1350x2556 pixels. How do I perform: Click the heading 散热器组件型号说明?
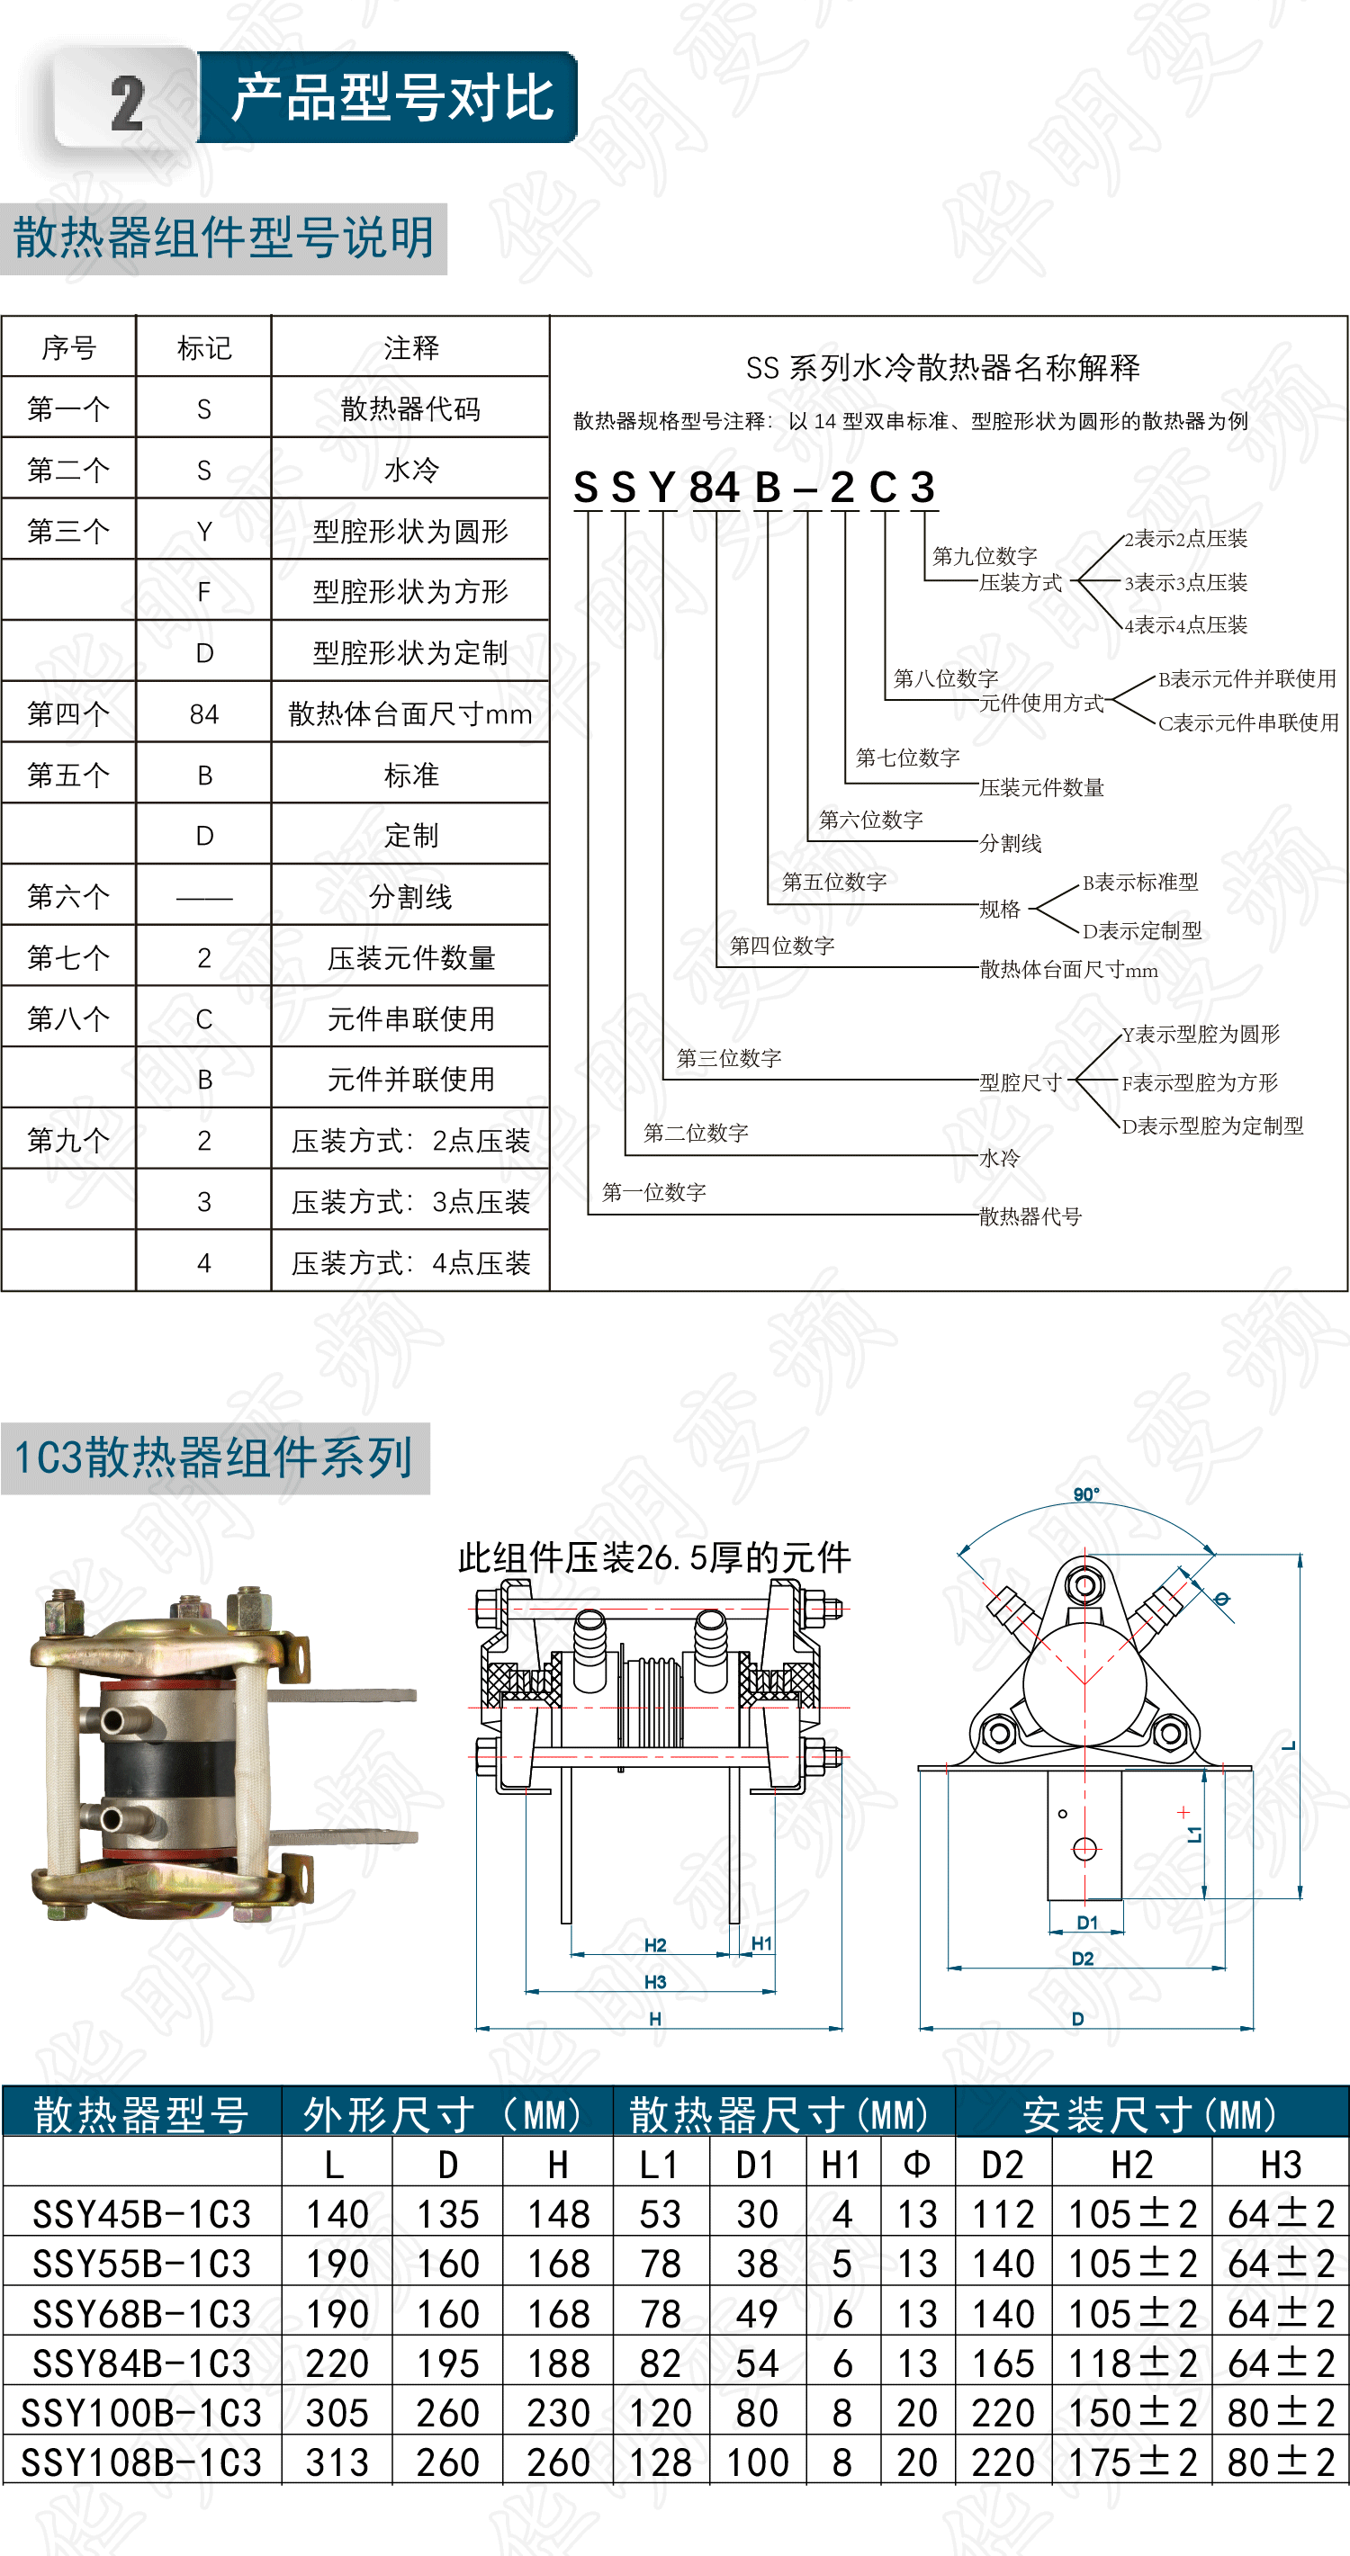click(x=223, y=238)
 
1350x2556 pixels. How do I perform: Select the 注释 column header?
click(x=411, y=347)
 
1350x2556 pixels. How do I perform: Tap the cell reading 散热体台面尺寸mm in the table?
click(x=410, y=713)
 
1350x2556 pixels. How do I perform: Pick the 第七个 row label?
click(x=67, y=957)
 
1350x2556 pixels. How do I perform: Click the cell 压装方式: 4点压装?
click(x=410, y=1263)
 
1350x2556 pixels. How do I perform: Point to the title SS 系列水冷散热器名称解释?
click(x=942, y=368)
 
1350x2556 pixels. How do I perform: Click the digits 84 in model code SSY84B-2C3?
click(x=714, y=488)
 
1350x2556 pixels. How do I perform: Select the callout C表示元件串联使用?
click(x=1247, y=722)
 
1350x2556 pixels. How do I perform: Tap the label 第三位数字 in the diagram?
click(x=729, y=1059)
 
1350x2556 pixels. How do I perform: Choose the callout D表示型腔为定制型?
click(x=1212, y=1126)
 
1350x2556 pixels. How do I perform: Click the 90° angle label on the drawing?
click(x=1086, y=1494)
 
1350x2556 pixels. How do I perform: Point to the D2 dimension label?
click(x=1082, y=1959)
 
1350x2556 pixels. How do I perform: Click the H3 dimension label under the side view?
click(x=655, y=1981)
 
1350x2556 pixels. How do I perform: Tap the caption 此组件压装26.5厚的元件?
click(x=654, y=1558)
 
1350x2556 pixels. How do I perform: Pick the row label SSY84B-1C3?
click(x=141, y=2364)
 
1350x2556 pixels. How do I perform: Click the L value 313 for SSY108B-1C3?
click(x=337, y=2462)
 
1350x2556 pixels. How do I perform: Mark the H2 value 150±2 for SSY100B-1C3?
click(x=1131, y=2413)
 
